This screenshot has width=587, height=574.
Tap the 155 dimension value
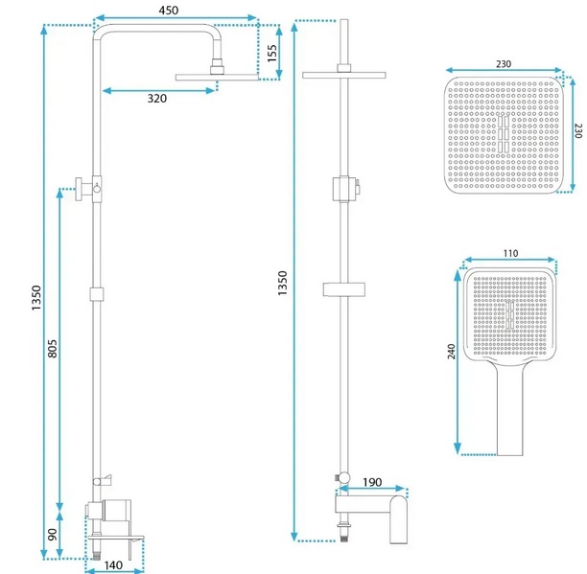pyautogui.click(x=272, y=54)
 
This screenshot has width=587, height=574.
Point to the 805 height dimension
pyautogui.click(x=53, y=351)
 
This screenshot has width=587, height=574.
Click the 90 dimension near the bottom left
pyautogui.click(x=52, y=535)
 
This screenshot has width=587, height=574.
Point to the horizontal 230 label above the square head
pyautogui.click(x=504, y=64)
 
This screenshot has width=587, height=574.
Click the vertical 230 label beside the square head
pyautogui.click(x=576, y=131)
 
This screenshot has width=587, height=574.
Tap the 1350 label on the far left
pyautogui.click(x=36, y=298)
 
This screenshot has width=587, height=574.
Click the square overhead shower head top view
pyautogui.click(x=504, y=134)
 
